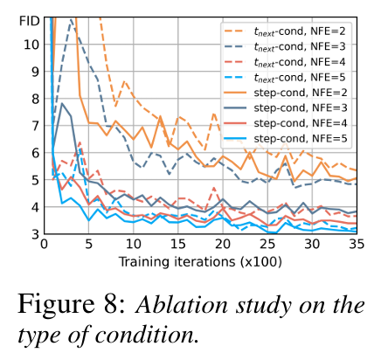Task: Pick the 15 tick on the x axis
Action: pyautogui.click(x=178, y=246)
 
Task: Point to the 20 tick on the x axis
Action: pyautogui.click(x=223, y=246)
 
